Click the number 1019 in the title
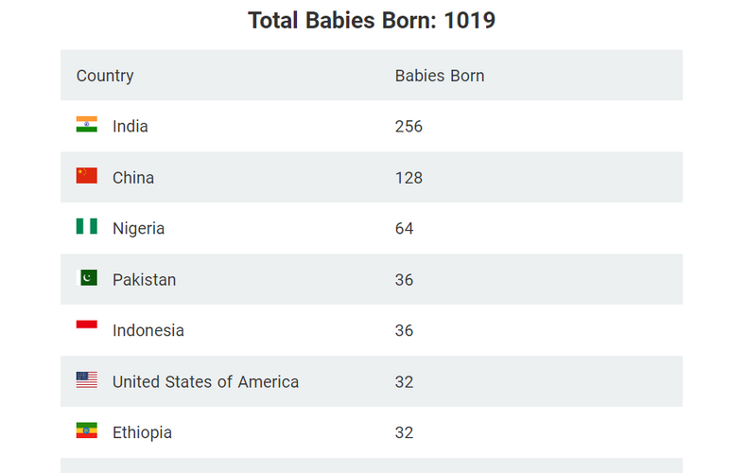click(x=469, y=21)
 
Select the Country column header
click(x=105, y=76)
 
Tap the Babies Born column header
click(x=440, y=76)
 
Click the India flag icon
click(x=87, y=124)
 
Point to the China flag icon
click(x=87, y=176)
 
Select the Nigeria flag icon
click(x=87, y=226)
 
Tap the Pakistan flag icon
click(x=87, y=277)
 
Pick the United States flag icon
click(x=87, y=380)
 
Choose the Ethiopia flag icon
click(x=87, y=430)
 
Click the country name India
click(x=130, y=126)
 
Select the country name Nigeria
click(x=138, y=229)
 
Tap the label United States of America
click(x=205, y=382)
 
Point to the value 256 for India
click(x=408, y=126)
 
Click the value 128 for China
click(x=408, y=178)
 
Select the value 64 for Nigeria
click(x=404, y=228)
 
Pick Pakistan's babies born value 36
click(x=404, y=279)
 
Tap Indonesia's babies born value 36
click(x=404, y=330)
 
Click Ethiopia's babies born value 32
click(x=404, y=432)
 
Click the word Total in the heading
click(x=273, y=21)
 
